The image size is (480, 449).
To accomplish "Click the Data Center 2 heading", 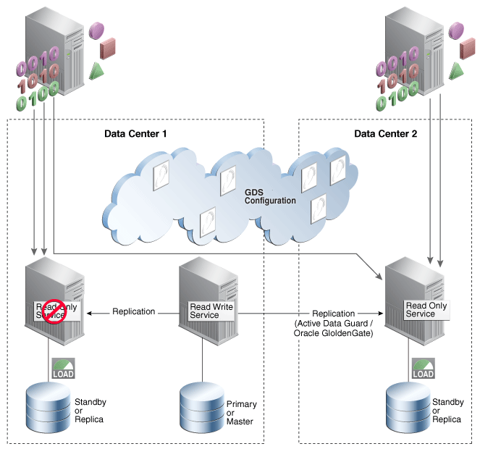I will click(385, 134).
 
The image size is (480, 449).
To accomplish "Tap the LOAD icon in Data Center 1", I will click(63, 369).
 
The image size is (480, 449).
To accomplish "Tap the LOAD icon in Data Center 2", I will click(423, 369).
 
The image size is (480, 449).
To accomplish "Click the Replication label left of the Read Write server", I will click(133, 311).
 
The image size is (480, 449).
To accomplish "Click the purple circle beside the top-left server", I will click(96, 30).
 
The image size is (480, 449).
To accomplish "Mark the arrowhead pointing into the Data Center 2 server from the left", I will click(382, 276).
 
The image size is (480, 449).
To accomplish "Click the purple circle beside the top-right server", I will click(455, 30).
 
